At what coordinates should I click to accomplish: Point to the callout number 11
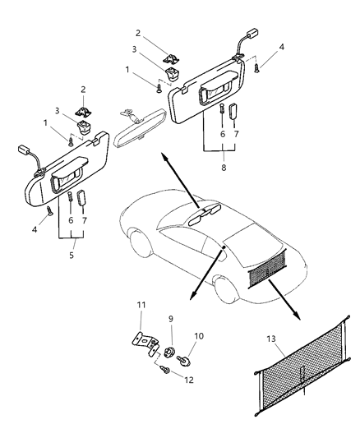coord(141,306)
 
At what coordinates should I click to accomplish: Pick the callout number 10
coord(197,336)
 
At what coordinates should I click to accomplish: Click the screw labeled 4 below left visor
coord(49,212)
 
